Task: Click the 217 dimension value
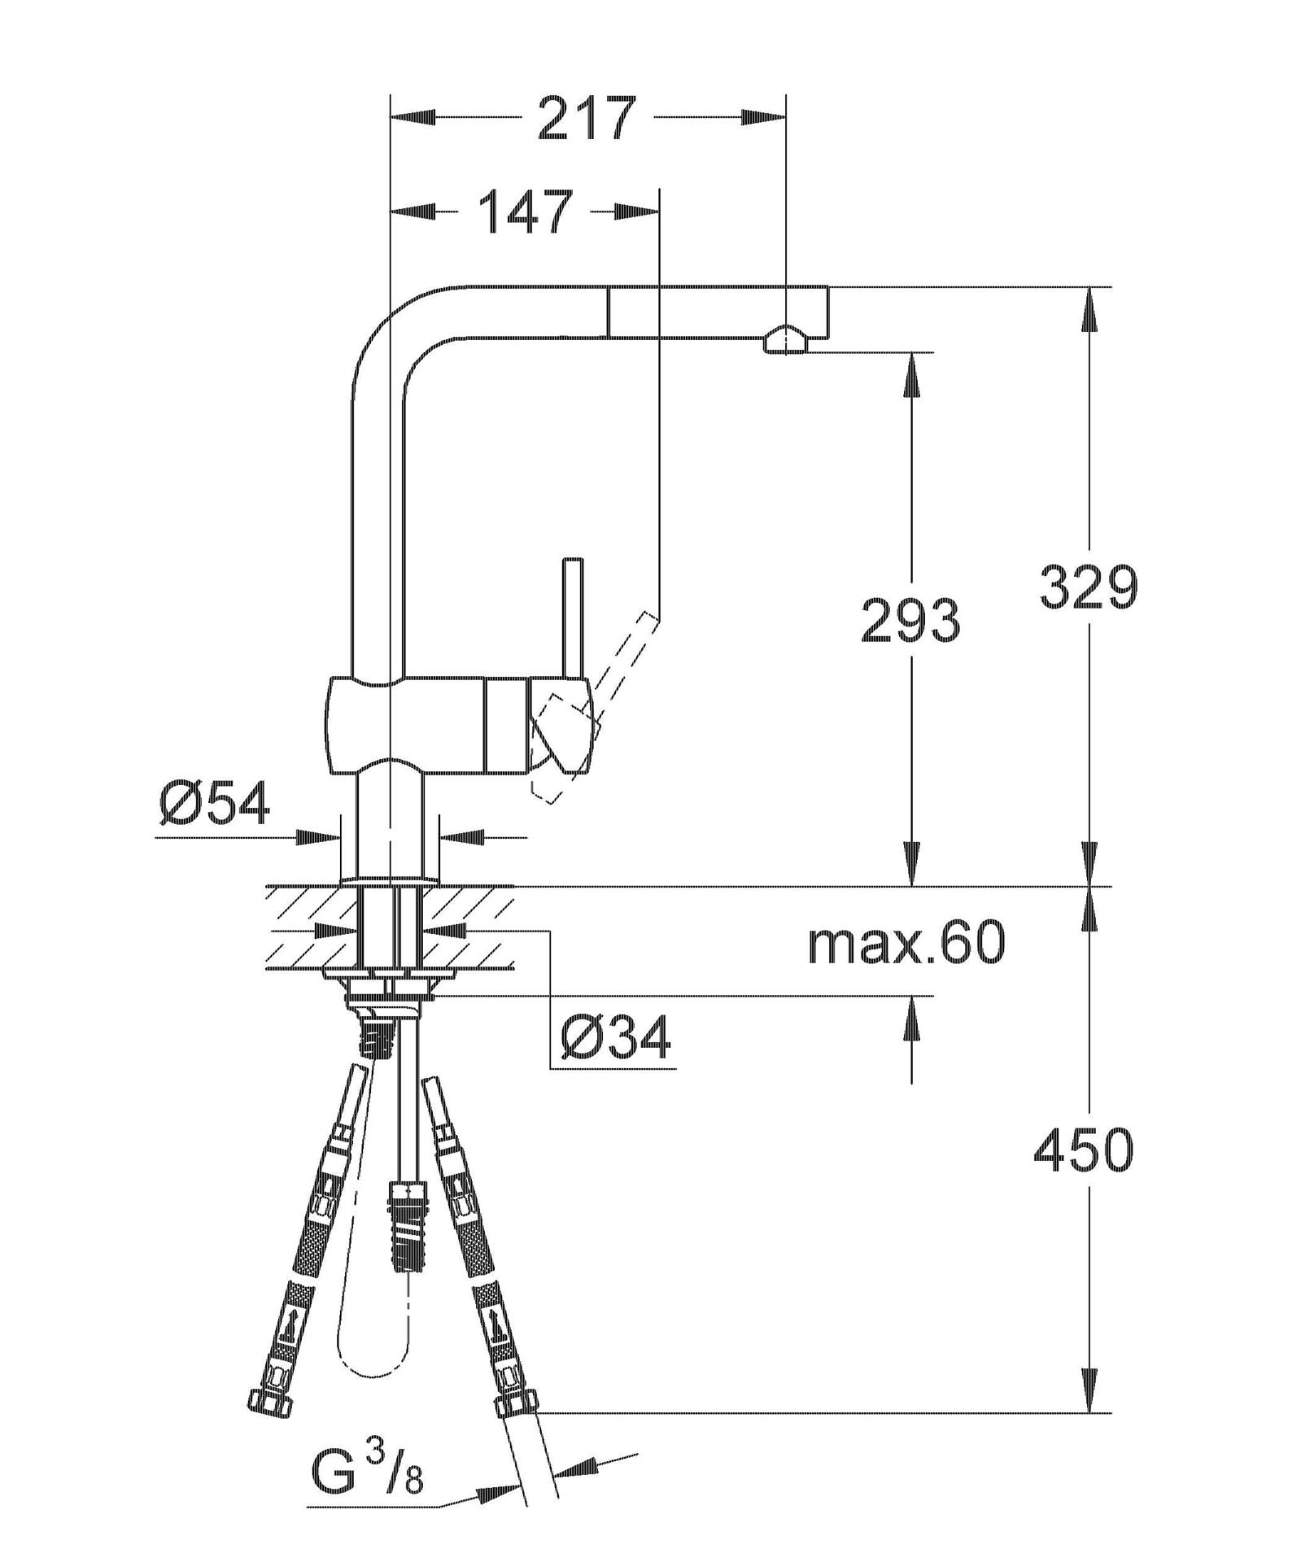[x=585, y=117]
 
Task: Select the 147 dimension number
[x=526, y=212]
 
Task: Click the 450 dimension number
[x=1083, y=1150]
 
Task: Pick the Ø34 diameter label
[x=616, y=1037]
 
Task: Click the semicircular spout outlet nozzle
[x=785, y=339]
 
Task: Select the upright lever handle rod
[x=574, y=618]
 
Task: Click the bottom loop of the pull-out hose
[x=375, y=1358]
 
